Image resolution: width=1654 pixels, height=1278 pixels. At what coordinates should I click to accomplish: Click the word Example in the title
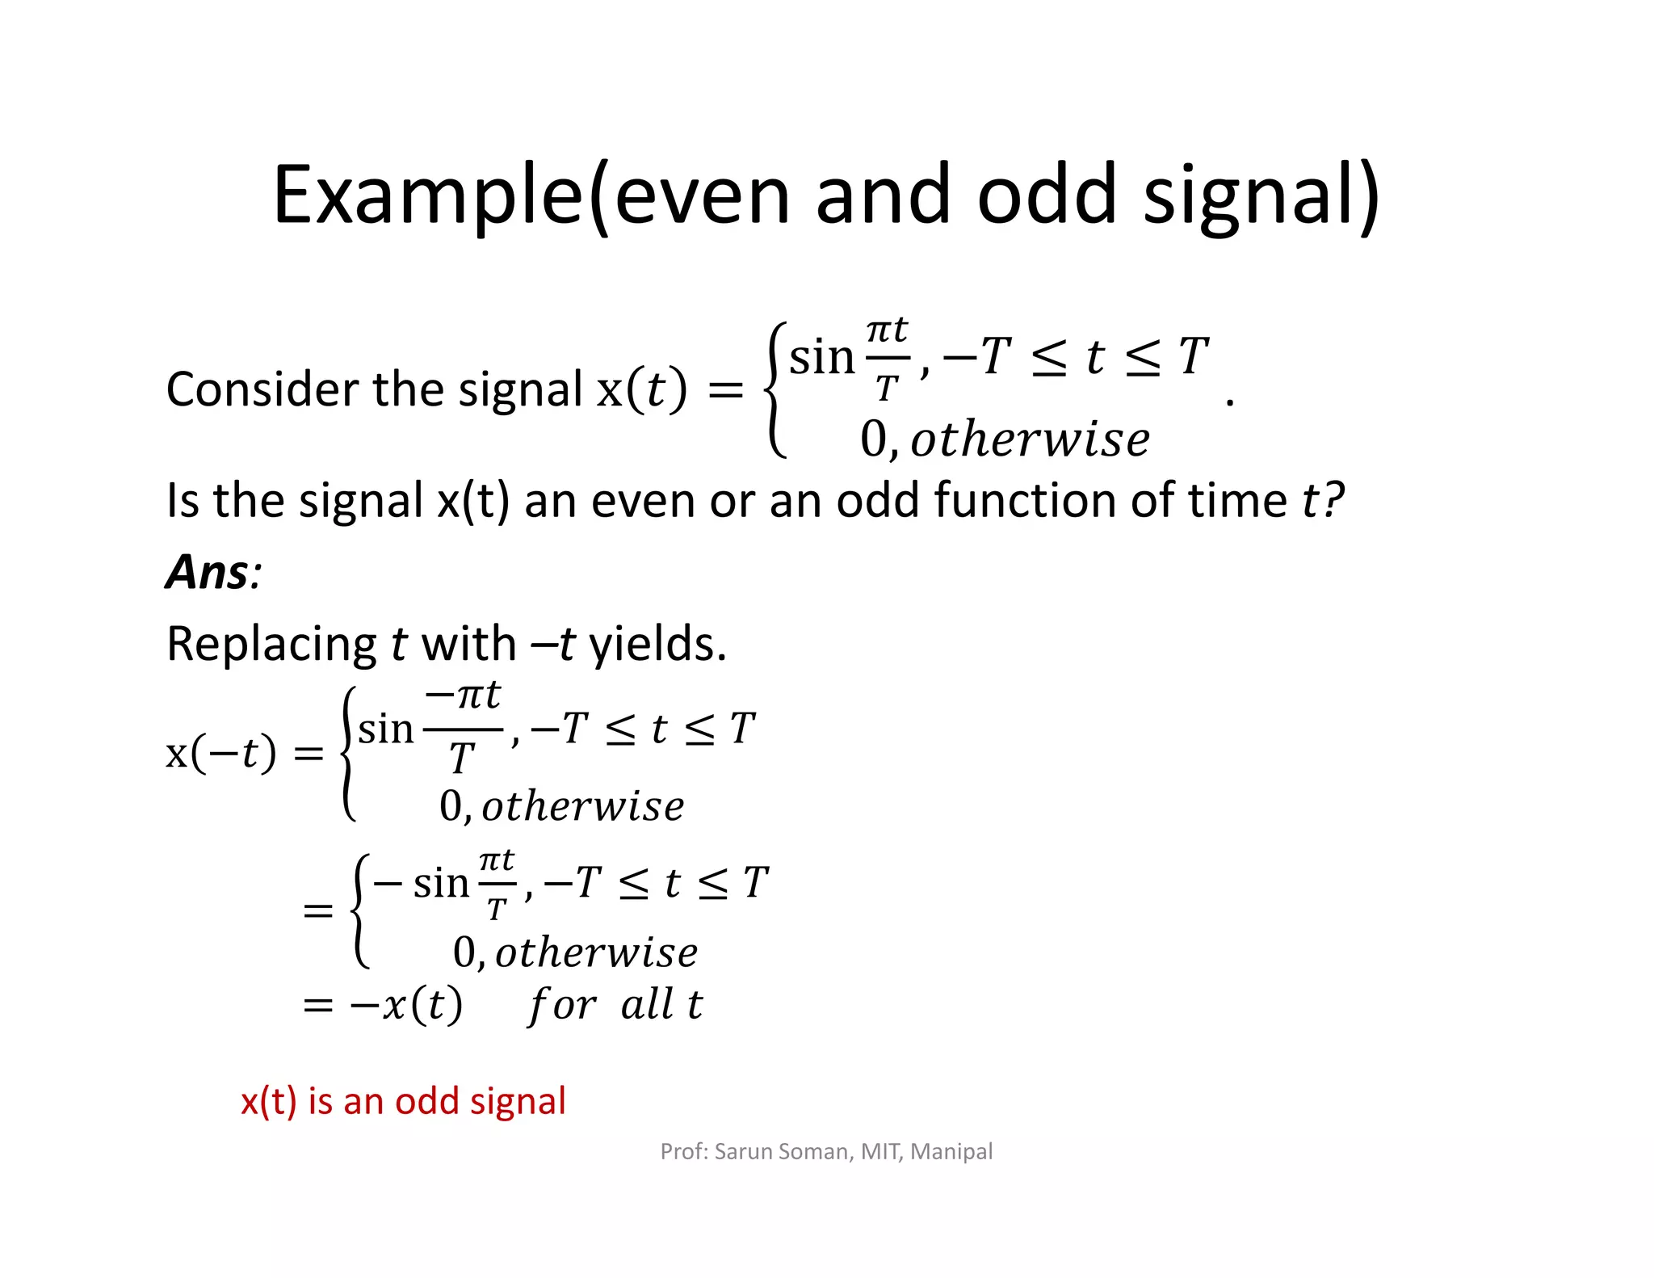pos(428,195)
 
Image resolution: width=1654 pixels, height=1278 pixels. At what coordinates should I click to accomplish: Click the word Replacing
pos(271,645)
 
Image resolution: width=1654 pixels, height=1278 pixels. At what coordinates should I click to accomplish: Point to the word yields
pos(657,645)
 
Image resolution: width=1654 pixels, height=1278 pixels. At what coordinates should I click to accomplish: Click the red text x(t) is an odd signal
pos(403,1101)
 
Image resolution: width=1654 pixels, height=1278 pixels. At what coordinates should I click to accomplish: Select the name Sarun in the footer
pos(744,1151)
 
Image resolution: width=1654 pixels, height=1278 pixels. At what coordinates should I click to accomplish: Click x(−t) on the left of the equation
pos(220,753)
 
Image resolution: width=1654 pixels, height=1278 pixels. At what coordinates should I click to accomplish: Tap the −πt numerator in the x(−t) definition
pos(463,696)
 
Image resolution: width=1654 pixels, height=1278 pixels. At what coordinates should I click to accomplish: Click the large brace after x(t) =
pos(775,390)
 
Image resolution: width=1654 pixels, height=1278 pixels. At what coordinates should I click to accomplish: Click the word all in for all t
pos(647,1005)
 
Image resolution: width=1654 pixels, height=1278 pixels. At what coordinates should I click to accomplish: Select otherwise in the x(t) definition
pos(1030,440)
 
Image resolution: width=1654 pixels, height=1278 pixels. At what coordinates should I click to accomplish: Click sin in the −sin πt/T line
pos(441,883)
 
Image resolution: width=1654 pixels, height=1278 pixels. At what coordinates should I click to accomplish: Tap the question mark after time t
pos(1333,500)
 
